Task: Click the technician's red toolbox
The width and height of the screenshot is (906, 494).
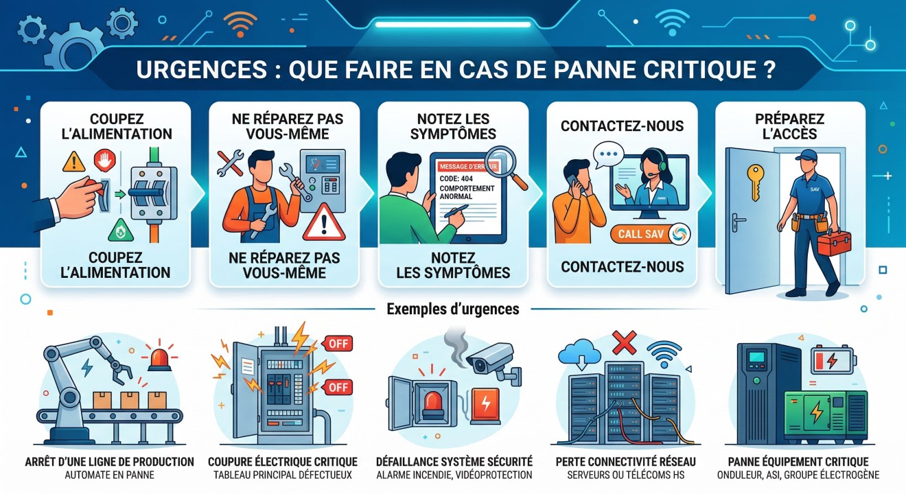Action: click(x=833, y=243)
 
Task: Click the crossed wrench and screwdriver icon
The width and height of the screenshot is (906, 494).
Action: click(x=230, y=162)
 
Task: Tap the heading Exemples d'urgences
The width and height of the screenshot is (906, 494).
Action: click(x=453, y=309)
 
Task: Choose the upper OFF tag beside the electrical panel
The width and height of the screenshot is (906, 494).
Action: click(x=336, y=343)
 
